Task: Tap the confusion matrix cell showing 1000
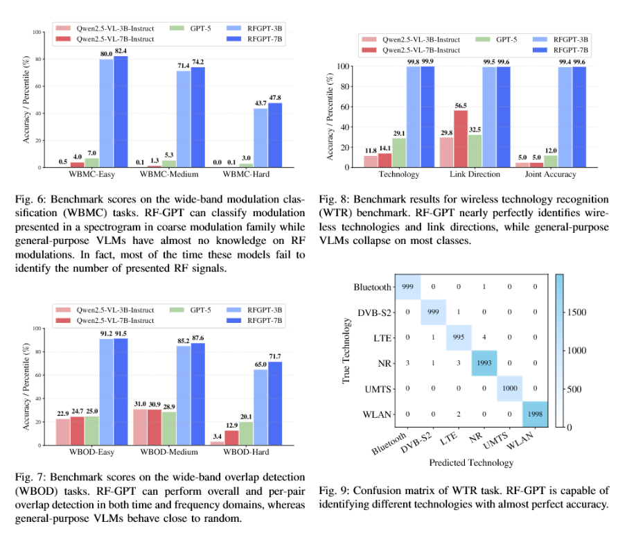click(x=511, y=389)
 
